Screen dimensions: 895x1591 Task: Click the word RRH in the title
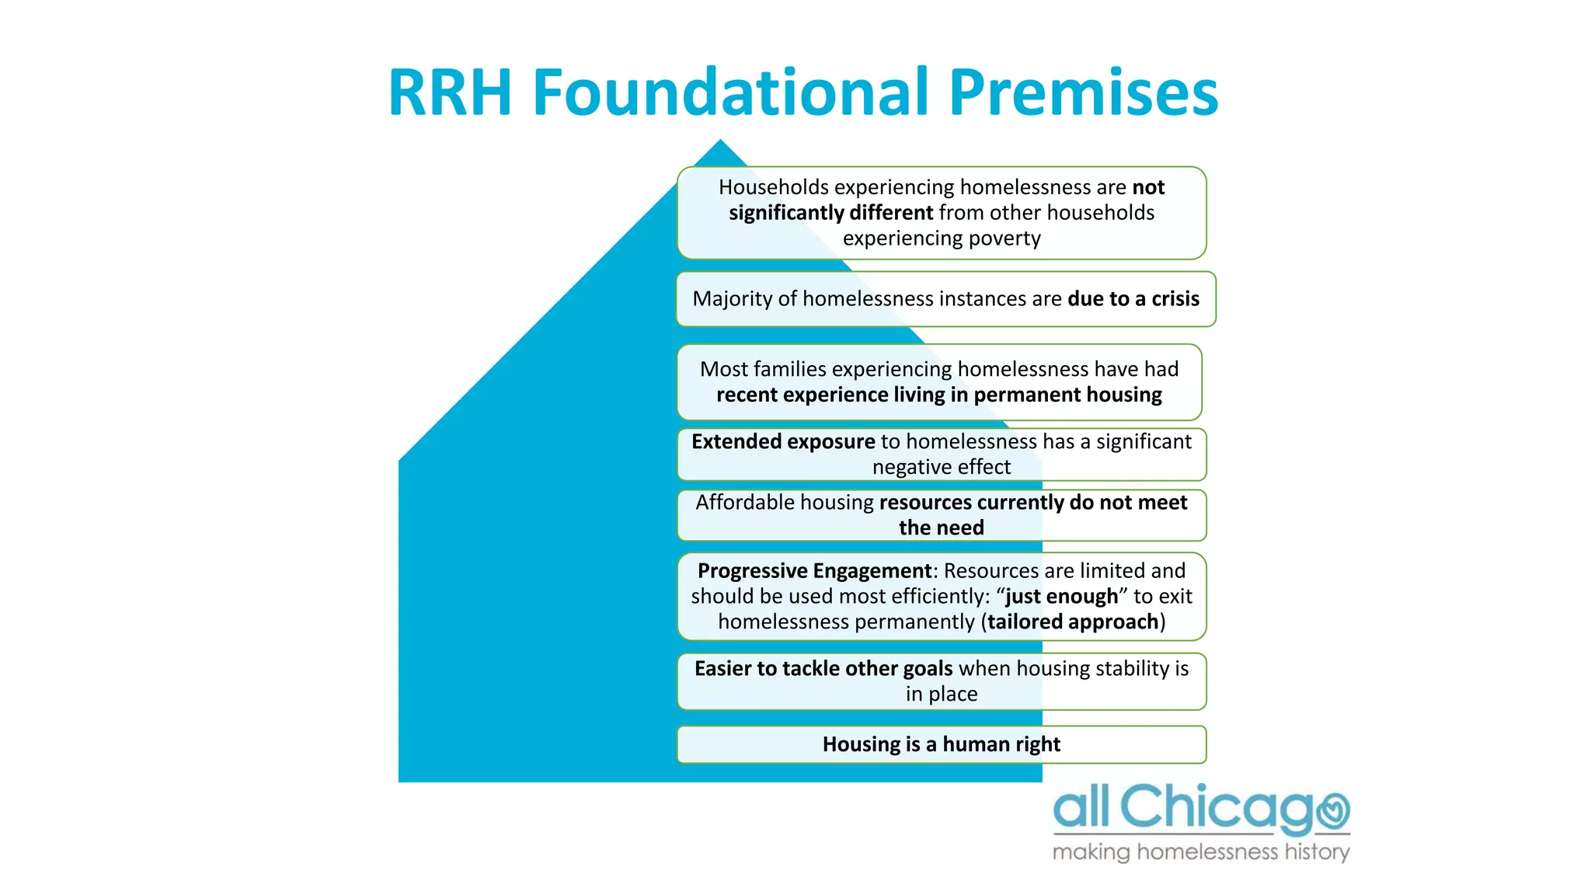pos(450,93)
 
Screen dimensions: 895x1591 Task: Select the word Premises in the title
pos(1083,93)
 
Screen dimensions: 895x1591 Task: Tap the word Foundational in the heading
pos(730,93)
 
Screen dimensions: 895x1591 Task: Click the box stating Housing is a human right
pos(941,744)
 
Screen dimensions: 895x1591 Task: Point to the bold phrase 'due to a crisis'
pos(1133,299)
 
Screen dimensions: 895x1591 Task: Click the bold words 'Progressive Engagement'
pos(814,571)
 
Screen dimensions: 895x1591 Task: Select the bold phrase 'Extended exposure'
pos(783,442)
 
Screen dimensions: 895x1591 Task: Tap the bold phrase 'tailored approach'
pos(1073,622)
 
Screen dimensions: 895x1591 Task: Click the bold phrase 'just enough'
pos(1061,597)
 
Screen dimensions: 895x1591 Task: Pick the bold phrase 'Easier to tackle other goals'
pos(823,669)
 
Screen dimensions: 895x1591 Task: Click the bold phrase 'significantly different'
pos(830,213)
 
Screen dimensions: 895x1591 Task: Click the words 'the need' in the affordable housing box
pos(941,528)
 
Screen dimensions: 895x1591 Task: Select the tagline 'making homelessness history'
pos(1200,852)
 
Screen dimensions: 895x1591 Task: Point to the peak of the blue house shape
pos(720,142)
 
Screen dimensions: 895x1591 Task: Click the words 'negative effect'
pos(941,468)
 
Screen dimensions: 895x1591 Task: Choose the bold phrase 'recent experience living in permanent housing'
pos(938,395)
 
